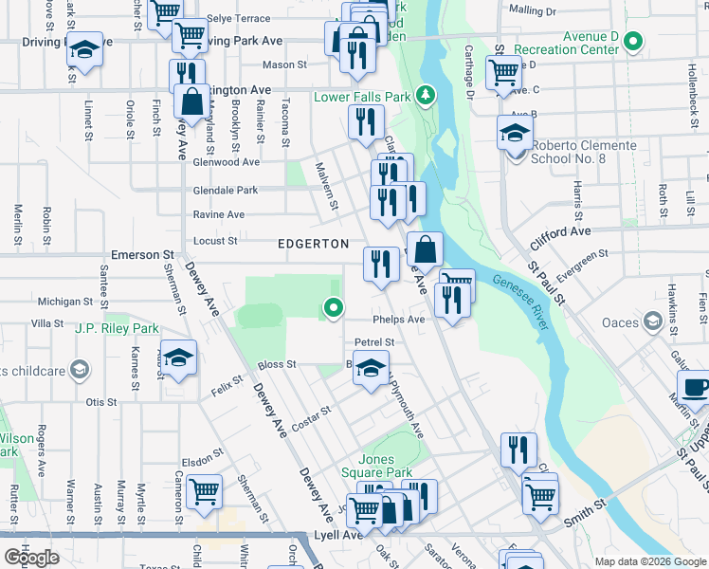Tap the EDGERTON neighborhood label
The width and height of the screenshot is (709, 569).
[313, 244]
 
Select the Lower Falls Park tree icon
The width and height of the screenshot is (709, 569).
[427, 95]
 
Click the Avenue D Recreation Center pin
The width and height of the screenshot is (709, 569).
[634, 42]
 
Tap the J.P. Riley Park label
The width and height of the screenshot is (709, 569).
[118, 329]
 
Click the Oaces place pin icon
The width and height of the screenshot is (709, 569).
[652, 321]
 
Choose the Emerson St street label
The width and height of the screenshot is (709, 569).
[143, 255]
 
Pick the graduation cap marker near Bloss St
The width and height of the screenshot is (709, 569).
[371, 368]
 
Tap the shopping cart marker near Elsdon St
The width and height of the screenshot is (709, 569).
[205, 492]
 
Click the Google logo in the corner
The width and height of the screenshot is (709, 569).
[31, 558]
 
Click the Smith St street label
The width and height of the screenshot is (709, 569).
[585, 520]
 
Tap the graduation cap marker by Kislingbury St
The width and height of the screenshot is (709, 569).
[178, 358]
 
